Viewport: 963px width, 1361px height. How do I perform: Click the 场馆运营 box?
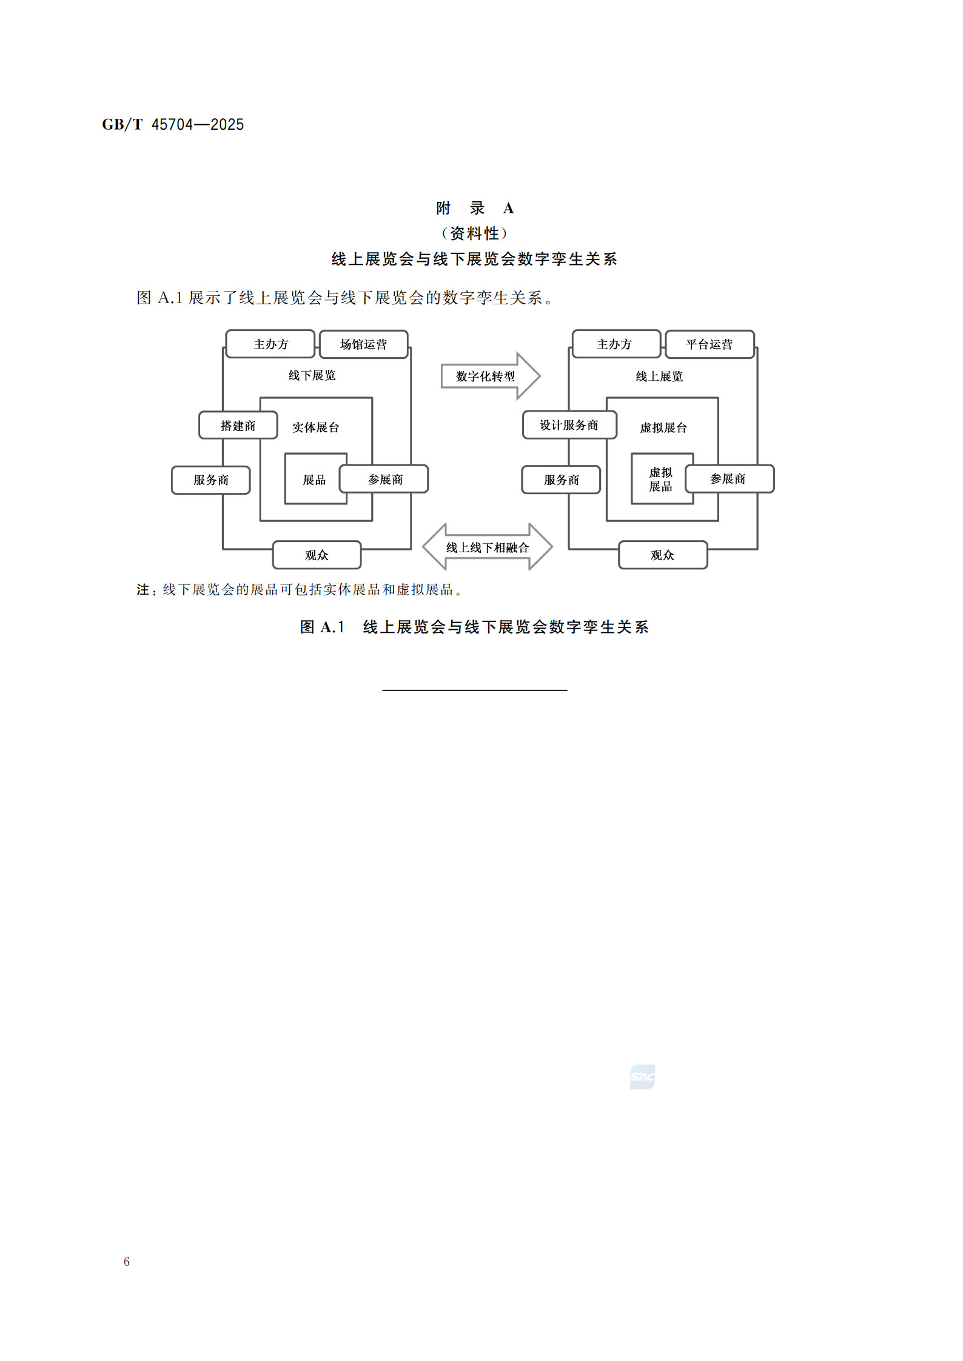(x=363, y=344)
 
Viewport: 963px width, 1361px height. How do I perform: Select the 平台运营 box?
(x=710, y=344)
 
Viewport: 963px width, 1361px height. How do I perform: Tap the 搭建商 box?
(x=238, y=425)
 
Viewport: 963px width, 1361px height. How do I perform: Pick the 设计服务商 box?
(x=569, y=425)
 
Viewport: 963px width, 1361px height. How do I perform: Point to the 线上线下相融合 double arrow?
(x=487, y=547)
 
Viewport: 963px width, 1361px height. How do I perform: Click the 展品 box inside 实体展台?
(x=314, y=480)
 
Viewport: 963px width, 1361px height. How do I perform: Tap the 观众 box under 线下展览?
(x=317, y=555)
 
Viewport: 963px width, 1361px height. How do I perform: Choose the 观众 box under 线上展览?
(x=662, y=555)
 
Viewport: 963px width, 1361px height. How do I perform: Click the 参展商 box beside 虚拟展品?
(x=729, y=479)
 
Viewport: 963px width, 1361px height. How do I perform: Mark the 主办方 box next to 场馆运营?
(x=270, y=344)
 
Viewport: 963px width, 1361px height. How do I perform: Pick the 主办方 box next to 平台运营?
(x=615, y=344)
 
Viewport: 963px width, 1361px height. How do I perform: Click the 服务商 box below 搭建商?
(x=210, y=480)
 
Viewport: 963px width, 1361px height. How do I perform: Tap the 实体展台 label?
(x=315, y=427)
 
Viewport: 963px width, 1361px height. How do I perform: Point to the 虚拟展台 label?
(x=663, y=428)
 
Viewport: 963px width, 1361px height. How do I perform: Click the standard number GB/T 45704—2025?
(x=173, y=124)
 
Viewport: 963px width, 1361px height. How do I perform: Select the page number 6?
(x=127, y=1261)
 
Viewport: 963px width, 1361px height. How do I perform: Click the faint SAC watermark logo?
(x=642, y=1077)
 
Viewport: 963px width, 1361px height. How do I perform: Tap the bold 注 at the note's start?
(x=143, y=589)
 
